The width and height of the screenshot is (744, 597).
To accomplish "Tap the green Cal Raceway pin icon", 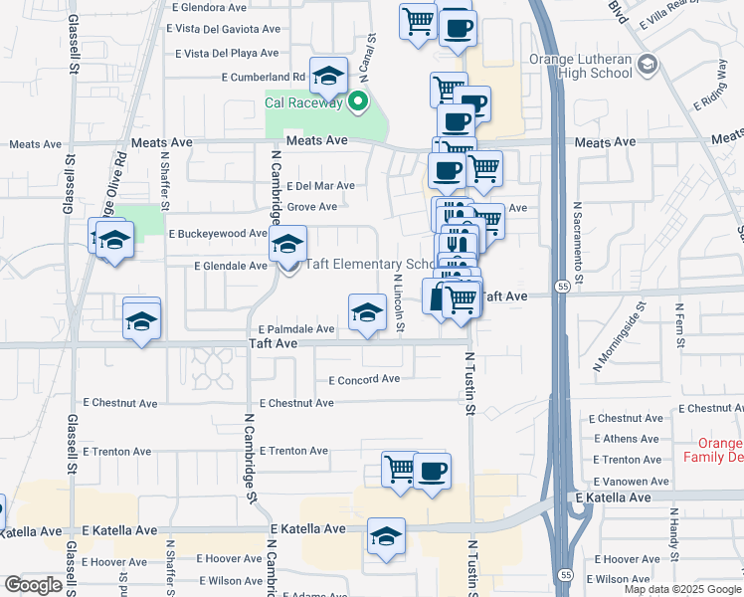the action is pyautogui.click(x=357, y=101).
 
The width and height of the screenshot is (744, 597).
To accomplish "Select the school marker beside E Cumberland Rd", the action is pyautogui.click(x=327, y=74).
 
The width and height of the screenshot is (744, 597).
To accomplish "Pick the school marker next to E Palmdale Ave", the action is pyautogui.click(x=367, y=311).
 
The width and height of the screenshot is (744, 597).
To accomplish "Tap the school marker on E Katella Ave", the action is pyautogui.click(x=386, y=534).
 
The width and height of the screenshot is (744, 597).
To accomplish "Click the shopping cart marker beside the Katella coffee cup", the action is pyautogui.click(x=399, y=468).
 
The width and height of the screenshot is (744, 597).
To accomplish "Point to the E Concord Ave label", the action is pyautogui.click(x=364, y=379).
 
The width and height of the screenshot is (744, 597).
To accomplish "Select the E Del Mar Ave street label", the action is pyautogui.click(x=320, y=186).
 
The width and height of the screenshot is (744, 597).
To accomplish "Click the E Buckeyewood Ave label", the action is pyautogui.click(x=218, y=234).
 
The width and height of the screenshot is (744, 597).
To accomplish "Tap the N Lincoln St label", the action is pyautogui.click(x=398, y=303).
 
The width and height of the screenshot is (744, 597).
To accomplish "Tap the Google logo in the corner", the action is pyautogui.click(x=33, y=585).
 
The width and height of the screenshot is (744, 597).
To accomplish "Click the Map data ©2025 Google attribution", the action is pyautogui.click(x=683, y=589).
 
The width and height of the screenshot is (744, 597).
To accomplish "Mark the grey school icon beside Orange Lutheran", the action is pyautogui.click(x=649, y=66).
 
